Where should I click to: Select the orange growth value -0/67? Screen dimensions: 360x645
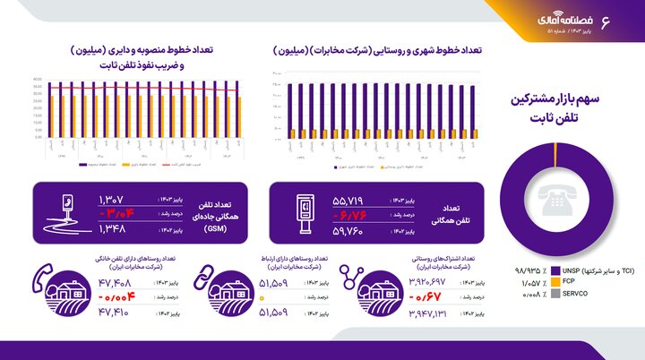pos(426,296)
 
